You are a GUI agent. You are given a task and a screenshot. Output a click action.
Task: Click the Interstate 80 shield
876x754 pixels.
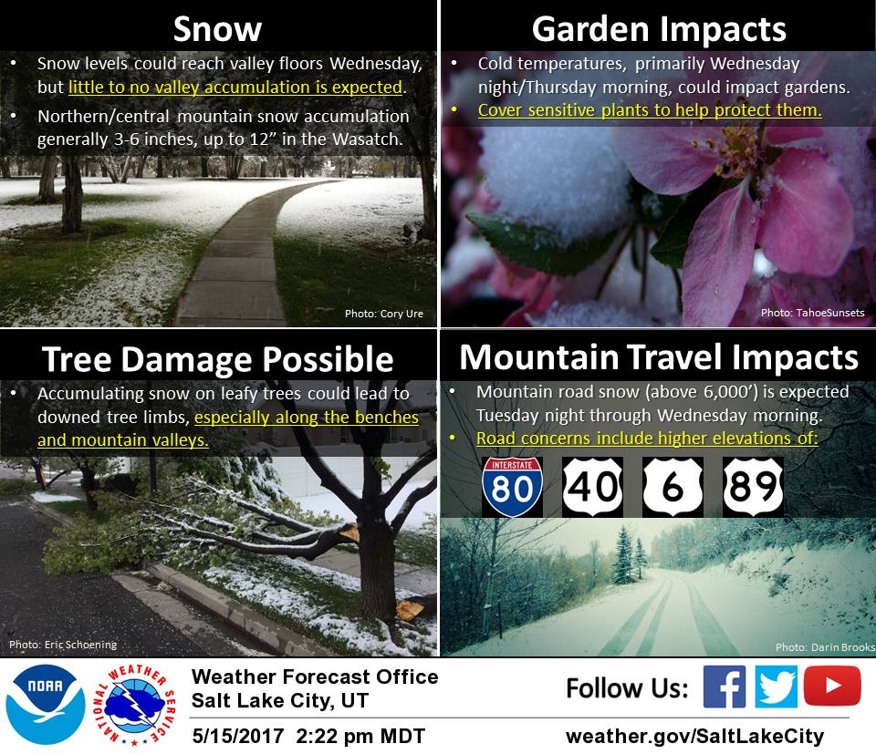(x=512, y=487)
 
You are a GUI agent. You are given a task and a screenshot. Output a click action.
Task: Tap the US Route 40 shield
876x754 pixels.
(x=592, y=487)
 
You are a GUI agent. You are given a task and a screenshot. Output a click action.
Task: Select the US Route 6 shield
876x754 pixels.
(x=673, y=487)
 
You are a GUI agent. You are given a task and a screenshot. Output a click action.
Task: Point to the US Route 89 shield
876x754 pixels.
(x=753, y=487)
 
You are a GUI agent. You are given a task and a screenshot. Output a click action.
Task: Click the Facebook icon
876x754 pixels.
(x=724, y=687)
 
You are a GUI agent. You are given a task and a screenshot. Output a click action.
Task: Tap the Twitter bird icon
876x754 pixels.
(x=776, y=687)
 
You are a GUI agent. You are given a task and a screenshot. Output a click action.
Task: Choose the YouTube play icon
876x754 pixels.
(x=832, y=686)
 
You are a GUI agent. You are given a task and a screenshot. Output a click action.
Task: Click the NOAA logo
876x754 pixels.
(x=46, y=705)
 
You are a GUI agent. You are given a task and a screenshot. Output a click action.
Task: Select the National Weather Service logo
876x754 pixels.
(x=134, y=705)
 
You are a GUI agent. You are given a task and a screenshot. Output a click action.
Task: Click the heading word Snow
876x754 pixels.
(x=217, y=29)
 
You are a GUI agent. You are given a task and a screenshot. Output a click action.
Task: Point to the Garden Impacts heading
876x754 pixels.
(x=659, y=29)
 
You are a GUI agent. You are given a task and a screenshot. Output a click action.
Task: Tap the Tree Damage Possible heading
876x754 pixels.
(x=218, y=359)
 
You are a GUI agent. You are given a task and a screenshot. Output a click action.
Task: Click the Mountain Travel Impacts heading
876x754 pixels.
(x=659, y=357)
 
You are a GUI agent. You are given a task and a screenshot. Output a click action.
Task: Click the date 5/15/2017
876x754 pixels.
(x=238, y=736)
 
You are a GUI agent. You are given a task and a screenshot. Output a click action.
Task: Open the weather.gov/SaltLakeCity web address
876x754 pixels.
(x=695, y=736)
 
